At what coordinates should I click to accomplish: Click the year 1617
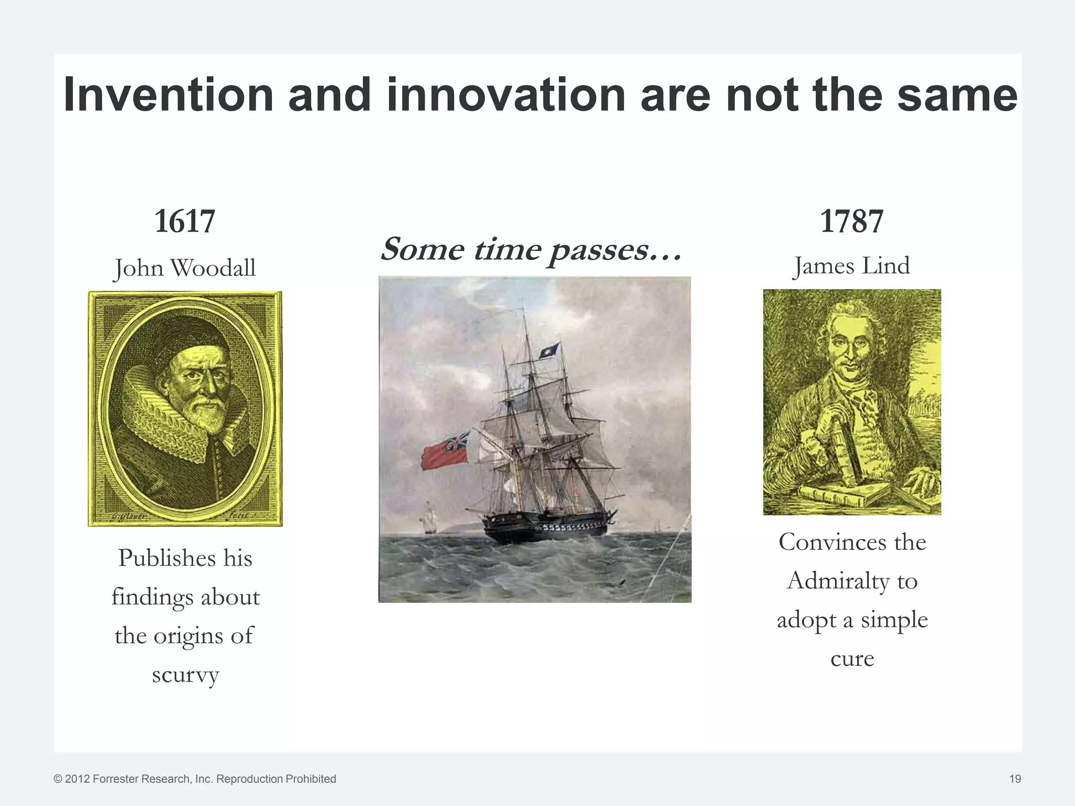coord(185,221)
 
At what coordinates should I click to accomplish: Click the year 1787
coord(851,221)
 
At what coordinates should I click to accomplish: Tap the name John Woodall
coord(185,268)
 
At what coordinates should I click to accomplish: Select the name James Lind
coord(851,266)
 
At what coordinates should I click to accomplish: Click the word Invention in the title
coord(168,95)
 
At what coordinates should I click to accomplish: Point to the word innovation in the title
coord(505,95)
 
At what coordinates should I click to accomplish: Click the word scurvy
coord(185,674)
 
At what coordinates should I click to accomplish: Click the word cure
coord(852,659)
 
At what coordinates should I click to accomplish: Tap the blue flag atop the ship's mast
coord(551,350)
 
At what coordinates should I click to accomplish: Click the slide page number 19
coord(1015,779)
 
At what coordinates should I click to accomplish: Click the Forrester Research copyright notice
coord(195,779)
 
